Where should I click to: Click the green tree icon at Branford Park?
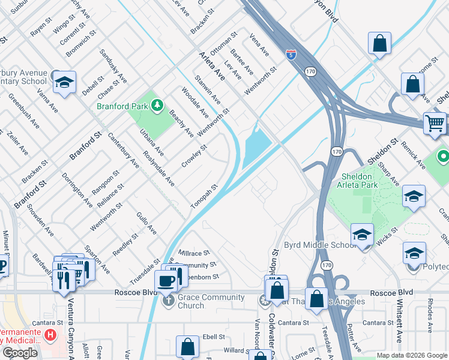coord(158,106)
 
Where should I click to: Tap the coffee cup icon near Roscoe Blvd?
coord(166,281)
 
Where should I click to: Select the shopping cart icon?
coord(435,124)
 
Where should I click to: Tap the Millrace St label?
coord(193,253)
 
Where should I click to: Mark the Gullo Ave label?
coord(146,223)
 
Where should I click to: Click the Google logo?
coord(20,353)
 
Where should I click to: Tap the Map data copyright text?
coord(411,355)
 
